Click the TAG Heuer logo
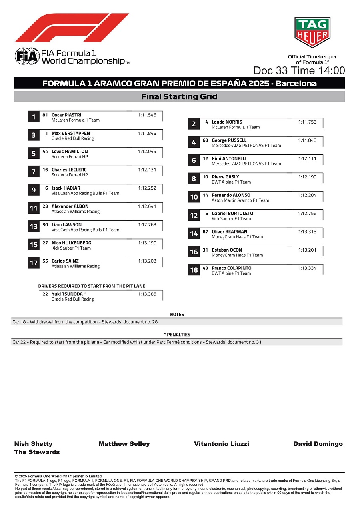pyautogui.click(x=312, y=32)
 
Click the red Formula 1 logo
pyautogui.click(x=72, y=28)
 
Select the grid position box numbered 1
pyautogui.click(x=34, y=117)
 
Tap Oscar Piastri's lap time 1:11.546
pyautogui.click(x=147, y=115)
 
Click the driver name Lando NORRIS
pyautogui.click(x=227, y=122)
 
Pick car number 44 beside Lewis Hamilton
pyautogui.click(x=45, y=152)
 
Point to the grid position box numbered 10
pyautogui.click(x=194, y=197)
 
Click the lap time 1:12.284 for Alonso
pyautogui.click(x=307, y=195)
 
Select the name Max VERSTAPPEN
pyautogui.click(x=71, y=133)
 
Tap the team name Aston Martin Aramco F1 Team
pyautogui.click(x=240, y=200)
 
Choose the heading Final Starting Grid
pyautogui.click(x=179, y=96)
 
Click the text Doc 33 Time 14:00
pyautogui.click(x=299, y=71)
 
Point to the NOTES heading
pyautogui.click(x=177, y=315)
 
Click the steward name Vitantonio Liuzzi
pyautogui.click(x=221, y=444)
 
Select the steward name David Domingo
pyautogui.click(x=318, y=444)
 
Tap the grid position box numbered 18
pyautogui.click(x=194, y=270)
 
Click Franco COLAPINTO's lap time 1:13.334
pyautogui.click(x=307, y=268)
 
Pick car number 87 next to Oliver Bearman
pyautogui.click(x=205, y=232)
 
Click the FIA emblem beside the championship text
pyautogui.click(x=27, y=56)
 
